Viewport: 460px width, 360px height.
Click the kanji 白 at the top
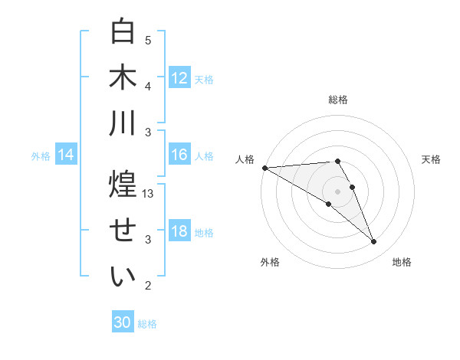[123, 32]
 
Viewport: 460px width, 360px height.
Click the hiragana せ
[123, 231]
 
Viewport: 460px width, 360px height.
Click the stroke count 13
[149, 194]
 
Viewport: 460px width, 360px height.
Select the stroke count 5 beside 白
[148, 41]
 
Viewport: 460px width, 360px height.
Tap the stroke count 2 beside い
[148, 286]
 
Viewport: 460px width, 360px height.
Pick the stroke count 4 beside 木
[148, 86]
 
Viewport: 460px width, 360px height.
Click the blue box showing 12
[179, 78]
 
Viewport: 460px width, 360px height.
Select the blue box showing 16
[179, 155]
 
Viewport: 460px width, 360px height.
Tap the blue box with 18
[179, 232]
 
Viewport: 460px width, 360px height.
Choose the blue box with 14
[66, 155]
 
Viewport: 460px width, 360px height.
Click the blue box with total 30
[123, 322]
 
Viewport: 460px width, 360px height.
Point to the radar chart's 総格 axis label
[338, 100]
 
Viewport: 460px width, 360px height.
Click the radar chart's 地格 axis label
[402, 262]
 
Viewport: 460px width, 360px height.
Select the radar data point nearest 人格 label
[264, 168]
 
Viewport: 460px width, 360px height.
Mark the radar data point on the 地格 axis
[374, 242]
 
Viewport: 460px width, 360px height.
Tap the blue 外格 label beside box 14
[41, 156]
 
